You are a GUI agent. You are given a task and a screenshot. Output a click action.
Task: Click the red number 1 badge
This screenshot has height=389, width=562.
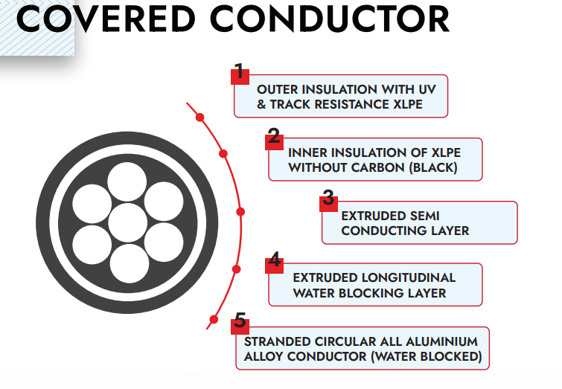point(239,72)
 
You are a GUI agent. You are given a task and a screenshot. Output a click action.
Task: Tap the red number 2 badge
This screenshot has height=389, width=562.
point(274,136)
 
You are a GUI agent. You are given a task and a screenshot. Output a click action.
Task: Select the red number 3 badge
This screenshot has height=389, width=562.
point(328,199)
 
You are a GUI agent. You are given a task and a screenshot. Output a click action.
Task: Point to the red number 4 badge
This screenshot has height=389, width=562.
point(275,260)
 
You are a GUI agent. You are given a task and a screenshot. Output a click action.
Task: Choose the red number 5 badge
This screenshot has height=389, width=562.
point(240,321)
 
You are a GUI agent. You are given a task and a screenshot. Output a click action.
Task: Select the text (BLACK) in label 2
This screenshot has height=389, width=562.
point(432,167)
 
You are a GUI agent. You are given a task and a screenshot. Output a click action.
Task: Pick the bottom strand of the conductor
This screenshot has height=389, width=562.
point(128,263)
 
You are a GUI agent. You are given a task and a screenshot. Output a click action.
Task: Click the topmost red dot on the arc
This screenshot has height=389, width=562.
point(199,117)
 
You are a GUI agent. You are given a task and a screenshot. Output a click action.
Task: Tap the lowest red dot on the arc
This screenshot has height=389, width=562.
point(214,319)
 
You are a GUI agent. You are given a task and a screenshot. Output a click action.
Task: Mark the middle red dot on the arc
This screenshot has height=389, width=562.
point(240,212)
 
